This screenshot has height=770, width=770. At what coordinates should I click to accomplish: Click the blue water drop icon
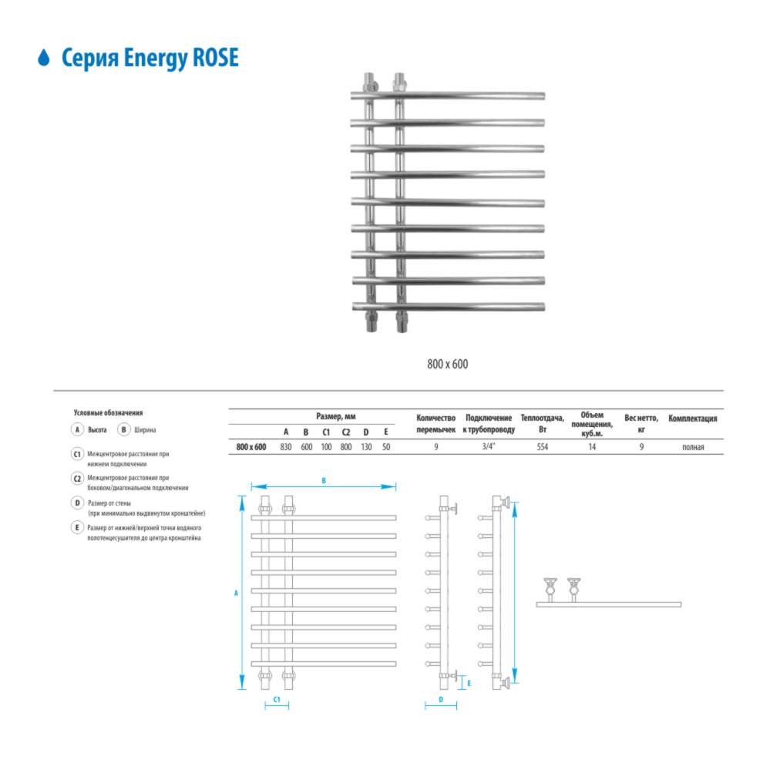[44, 58]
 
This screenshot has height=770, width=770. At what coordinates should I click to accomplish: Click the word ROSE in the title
[216, 58]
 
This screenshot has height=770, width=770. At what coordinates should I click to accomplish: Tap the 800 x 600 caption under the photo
[447, 364]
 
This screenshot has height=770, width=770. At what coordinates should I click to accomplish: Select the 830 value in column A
[286, 447]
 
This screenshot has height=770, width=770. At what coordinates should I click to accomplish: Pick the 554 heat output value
[542, 447]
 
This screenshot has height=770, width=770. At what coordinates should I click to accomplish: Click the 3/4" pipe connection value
[489, 446]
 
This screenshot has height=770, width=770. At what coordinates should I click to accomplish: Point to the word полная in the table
[693, 447]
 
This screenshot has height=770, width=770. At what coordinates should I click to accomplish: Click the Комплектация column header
[692, 419]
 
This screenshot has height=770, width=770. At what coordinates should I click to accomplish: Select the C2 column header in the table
[346, 432]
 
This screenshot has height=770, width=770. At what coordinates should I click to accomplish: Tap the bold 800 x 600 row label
[251, 447]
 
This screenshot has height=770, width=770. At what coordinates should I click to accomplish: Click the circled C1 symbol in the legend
[77, 454]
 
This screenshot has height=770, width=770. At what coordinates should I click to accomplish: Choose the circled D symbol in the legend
[77, 503]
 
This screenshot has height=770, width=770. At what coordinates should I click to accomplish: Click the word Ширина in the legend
[145, 429]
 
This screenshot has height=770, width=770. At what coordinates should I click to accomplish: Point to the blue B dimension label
[324, 481]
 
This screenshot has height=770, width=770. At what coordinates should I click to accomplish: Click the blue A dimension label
[236, 593]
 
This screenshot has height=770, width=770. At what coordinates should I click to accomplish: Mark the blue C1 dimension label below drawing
[277, 699]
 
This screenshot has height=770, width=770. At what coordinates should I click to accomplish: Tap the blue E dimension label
[469, 683]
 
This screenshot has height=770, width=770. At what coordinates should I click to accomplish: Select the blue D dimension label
[441, 699]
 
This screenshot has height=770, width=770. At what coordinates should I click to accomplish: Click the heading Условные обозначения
[108, 413]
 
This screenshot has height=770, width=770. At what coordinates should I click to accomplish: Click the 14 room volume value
[592, 447]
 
